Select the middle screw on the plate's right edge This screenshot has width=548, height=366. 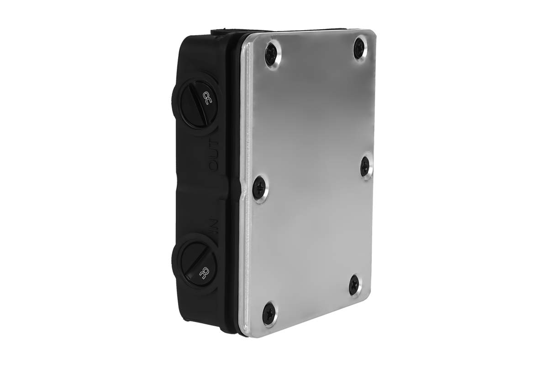[365, 166]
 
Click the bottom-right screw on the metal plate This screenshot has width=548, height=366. [354, 285]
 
